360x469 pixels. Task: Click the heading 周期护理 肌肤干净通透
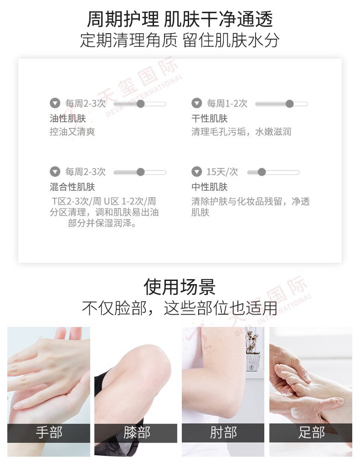coord(180,19)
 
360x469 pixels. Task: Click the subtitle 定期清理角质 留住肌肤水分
coord(180,41)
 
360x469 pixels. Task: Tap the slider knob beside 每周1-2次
coord(289,104)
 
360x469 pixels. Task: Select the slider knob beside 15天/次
coord(262,172)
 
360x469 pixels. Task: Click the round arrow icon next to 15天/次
coord(196,172)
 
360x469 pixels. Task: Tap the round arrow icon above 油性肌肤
coord(55,103)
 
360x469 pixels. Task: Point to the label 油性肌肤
coord(68,118)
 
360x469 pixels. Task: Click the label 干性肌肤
coord(210,118)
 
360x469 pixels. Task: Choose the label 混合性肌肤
coord(72,187)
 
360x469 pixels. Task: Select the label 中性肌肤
coord(210,187)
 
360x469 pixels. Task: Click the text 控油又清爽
coord(72,132)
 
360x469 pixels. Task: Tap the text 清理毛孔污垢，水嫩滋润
coord(241,132)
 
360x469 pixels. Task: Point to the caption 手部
coord(49,433)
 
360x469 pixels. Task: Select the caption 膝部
coord(136,433)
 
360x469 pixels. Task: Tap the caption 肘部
coord(223,433)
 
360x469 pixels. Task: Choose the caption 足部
coord(311,433)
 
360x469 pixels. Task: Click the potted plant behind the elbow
coord(253,351)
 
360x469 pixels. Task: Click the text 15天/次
coord(222,172)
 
